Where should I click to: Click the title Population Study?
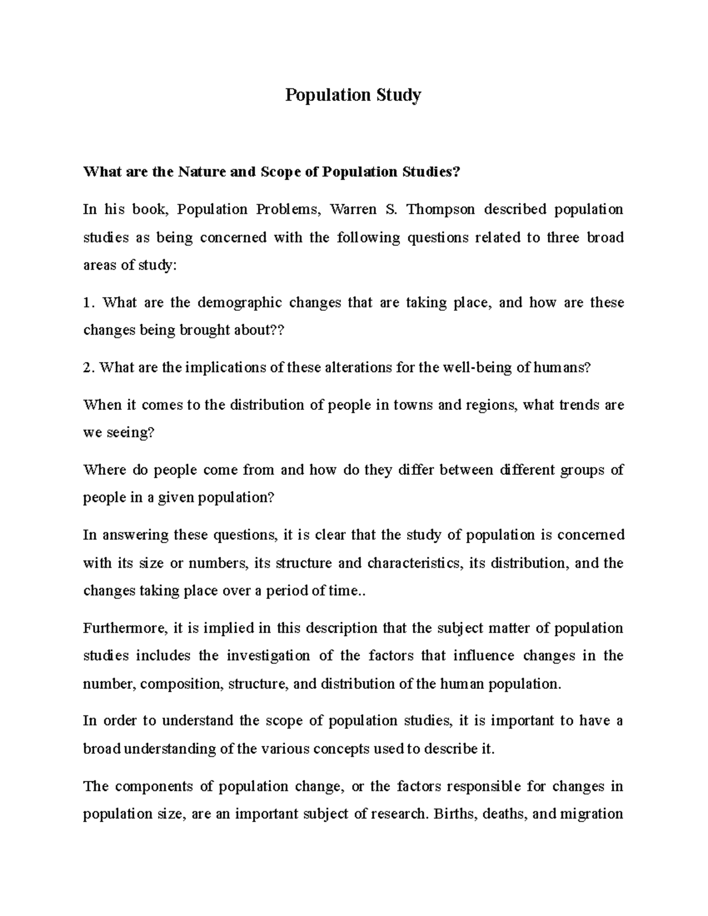(x=353, y=96)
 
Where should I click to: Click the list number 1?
(x=88, y=303)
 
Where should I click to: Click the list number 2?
(x=88, y=368)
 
